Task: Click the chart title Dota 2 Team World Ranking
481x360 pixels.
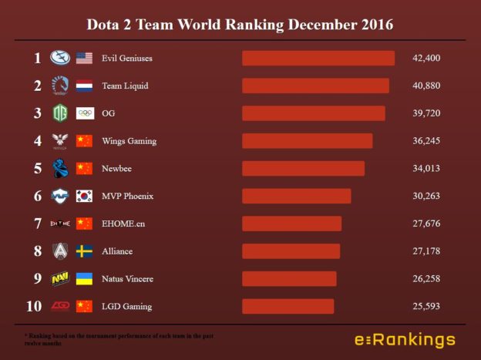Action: [x=240, y=25]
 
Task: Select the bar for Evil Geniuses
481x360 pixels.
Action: [x=318, y=58]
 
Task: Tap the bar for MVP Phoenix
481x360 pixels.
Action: [x=296, y=196]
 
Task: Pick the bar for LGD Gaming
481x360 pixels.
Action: [x=288, y=306]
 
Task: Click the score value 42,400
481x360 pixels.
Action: [x=426, y=58]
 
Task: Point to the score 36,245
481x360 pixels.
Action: [x=426, y=141]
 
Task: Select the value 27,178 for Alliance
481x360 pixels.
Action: [x=426, y=251]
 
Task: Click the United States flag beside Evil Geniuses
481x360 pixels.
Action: [x=85, y=58]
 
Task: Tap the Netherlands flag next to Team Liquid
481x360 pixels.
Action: [x=85, y=86]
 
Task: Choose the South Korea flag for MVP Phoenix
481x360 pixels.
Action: [x=85, y=196]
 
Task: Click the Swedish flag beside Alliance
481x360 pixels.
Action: [x=85, y=251]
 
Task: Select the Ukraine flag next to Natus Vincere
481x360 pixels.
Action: [x=85, y=278]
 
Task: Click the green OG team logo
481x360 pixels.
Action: [x=60, y=113]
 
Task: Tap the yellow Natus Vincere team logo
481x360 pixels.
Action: [x=60, y=278]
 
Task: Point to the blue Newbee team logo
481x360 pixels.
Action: [x=60, y=168]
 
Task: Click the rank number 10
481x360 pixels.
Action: [x=34, y=306]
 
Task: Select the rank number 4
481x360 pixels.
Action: [x=37, y=141]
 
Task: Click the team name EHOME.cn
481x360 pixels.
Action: [x=123, y=224]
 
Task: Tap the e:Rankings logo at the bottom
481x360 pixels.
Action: [x=405, y=340]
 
